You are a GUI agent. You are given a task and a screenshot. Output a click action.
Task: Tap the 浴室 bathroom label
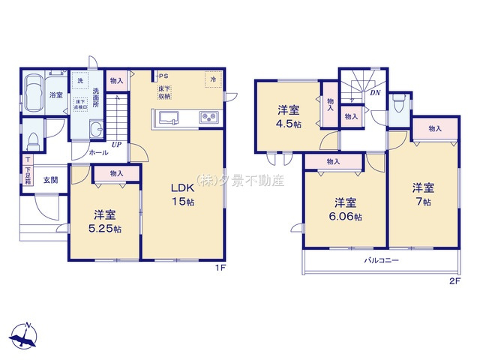(x=55, y=95)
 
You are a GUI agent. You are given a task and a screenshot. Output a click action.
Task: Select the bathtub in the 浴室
(x=34, y=95)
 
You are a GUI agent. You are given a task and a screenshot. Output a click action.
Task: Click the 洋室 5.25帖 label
(x=103, y=220)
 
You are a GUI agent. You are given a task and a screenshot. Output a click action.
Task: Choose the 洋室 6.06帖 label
(x=343, y=209)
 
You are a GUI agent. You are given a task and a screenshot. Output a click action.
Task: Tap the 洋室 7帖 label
(x=423, y=194)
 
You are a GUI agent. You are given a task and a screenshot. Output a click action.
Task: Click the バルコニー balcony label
(x=382, y=261)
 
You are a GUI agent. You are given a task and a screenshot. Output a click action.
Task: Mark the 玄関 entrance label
(x=49, y=180)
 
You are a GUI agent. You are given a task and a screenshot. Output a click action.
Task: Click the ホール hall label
(x=98, y=152)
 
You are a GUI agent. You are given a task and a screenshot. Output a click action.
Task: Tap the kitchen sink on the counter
(x=168, y=118)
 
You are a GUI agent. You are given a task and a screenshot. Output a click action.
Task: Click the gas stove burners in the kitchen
(x=207, y=118)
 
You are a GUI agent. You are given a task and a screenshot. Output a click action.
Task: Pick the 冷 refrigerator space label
(x=214, y=79)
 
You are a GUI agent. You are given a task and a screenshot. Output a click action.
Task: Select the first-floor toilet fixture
(x=33, y=140)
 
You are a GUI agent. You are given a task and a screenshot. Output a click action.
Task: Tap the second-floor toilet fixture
(x=400, y=107)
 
